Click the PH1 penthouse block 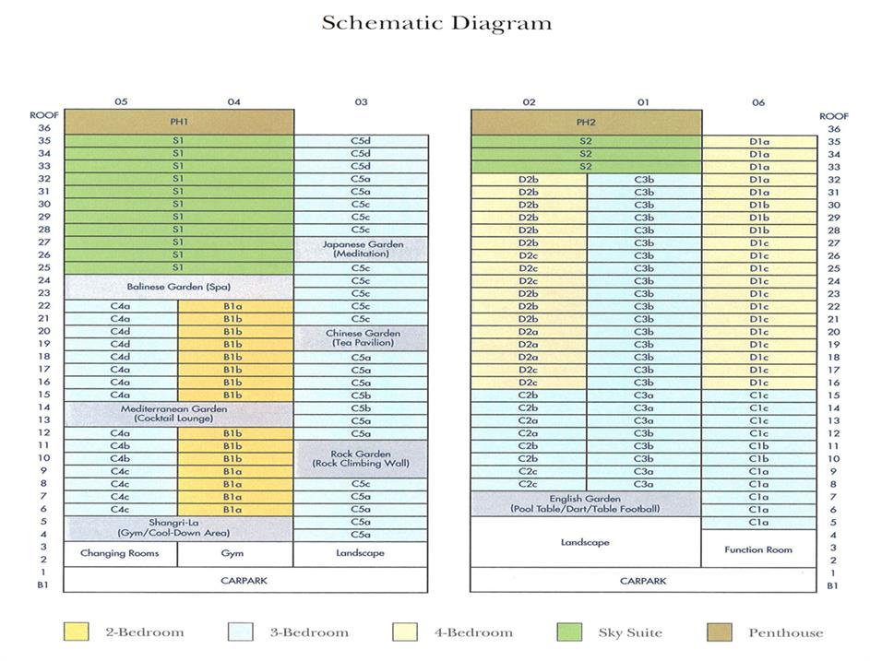tap(179, 122)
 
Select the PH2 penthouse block tap(586, 122)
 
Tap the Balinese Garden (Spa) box tap(179, 287)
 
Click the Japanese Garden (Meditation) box tap(361, 249)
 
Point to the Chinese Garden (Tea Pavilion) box tap(361, 337)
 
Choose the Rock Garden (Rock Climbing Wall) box tap(361, 458)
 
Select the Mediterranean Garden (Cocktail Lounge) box tap(179, 414)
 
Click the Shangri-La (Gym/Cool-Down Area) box tap(179, 528)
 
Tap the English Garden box tap(586, 503)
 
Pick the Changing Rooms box tap(120, 553)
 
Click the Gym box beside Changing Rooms tap(234, 553)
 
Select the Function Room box tap(758, 549)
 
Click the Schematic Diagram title tap(436, 23)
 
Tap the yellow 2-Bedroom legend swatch tap(77, 632)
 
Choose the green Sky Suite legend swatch tap(571, 632)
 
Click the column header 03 tap(361, 102)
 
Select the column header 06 tap(758, 102)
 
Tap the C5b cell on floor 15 tap(361, 395)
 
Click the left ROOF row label tap(44, 116)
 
